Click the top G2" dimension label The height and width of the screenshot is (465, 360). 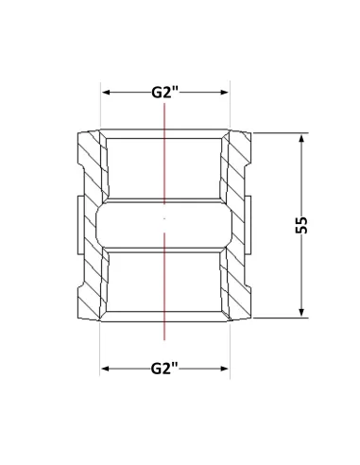164,93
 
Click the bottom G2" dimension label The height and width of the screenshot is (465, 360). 164,369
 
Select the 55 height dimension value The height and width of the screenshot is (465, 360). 301,225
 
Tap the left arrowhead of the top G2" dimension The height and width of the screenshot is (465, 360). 106,93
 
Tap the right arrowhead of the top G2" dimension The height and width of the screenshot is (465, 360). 225,93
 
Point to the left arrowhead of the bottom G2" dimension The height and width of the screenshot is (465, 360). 106,369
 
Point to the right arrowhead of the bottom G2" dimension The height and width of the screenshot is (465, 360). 225,369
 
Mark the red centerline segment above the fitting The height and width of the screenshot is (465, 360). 164,154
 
